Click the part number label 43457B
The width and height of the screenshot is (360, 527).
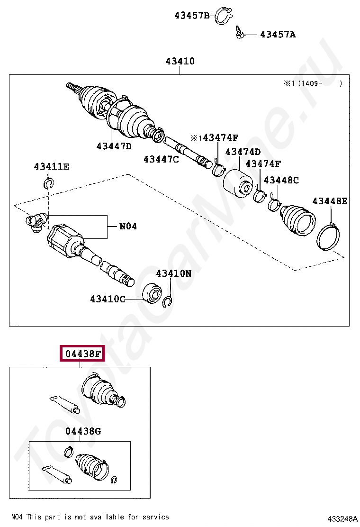click(x=191, y=15)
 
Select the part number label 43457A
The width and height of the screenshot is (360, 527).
click(x=278, y=34)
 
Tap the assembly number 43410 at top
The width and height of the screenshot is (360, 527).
click(x=180, y=61)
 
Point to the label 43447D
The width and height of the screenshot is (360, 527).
click(x=114, y=146)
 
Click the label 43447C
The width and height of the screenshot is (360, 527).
click(x=162, y=159)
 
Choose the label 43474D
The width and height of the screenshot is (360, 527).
click(x=243, y=152)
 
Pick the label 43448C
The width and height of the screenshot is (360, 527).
click(x=281, y=180)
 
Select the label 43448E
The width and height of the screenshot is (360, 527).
click(x=330, y=201)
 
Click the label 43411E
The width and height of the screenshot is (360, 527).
click(x=51, y=166)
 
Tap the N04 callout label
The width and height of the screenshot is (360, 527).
click(x=128, y=227)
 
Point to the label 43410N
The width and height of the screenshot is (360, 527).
click(x=174, y=273)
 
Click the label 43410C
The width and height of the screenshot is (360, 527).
click(x=108, y=299)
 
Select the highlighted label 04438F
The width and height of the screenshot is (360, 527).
click(x=81, y=354)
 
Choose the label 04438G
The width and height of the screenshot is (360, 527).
click(x=83, y=431)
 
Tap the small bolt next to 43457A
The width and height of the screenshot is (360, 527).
click(x=240, y=33)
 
